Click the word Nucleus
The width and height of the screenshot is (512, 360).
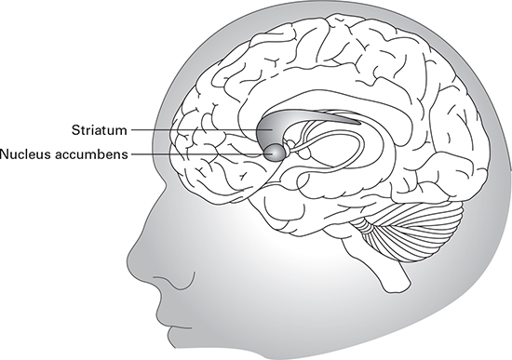pos(26,153)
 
